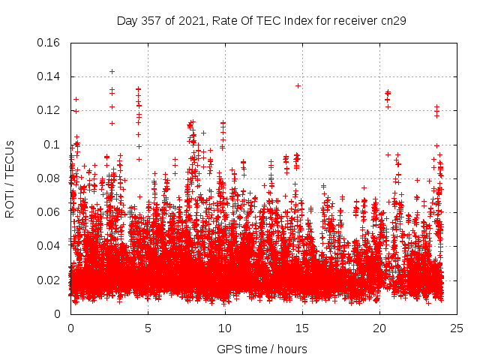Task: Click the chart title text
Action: pos(262,21)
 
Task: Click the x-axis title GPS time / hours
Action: pos(262,349)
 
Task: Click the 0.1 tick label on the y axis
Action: pos(54,144)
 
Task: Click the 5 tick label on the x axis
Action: pos(148,328)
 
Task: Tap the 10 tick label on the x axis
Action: pos(225,328)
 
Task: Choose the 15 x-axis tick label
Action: pos(302,328)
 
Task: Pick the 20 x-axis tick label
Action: pos(379,328)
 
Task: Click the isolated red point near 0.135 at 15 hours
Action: pos(298,85)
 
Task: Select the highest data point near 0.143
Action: pos(112,71)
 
